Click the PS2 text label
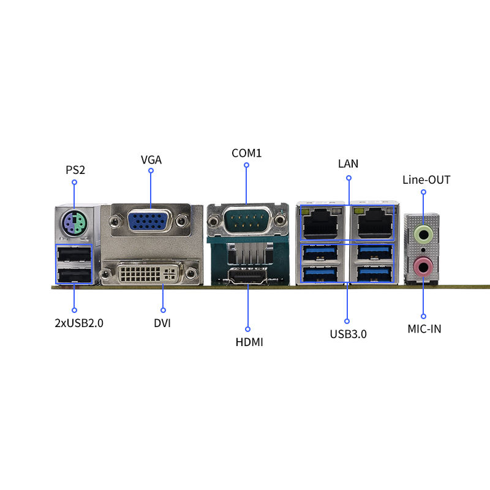[75, 169]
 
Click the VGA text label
[151, 160]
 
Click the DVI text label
[162, 323]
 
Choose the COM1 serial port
[247, 219]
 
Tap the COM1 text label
[246, 153]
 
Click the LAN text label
[349, 164]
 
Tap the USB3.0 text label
[348, 334]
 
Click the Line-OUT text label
[426, 180]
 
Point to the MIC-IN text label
[424, 329]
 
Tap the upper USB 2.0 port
[74, 254]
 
